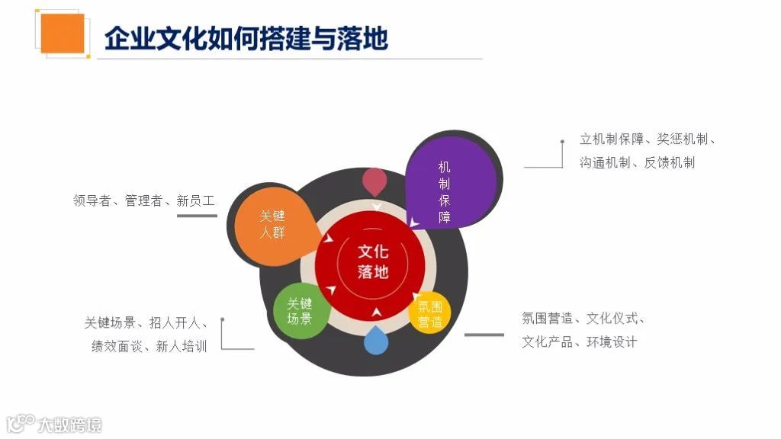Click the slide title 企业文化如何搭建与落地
(x=246, y=37)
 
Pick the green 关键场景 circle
(x=300, y=311)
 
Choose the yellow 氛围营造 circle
(x=430, y=314)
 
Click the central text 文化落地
(x=374, y=261)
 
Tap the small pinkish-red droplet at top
(x=374, y=180)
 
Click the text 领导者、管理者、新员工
(x=144, y=201)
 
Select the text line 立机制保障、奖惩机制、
(x=648, y=139)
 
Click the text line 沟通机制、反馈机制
(x=637, y=162)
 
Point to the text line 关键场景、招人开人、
(x=145, y=322)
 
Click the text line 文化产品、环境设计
(x=579, y=341)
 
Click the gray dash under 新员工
(x=197, y=216)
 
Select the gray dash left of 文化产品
(x=484, y=334)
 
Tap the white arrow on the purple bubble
(x=413, y=223)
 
